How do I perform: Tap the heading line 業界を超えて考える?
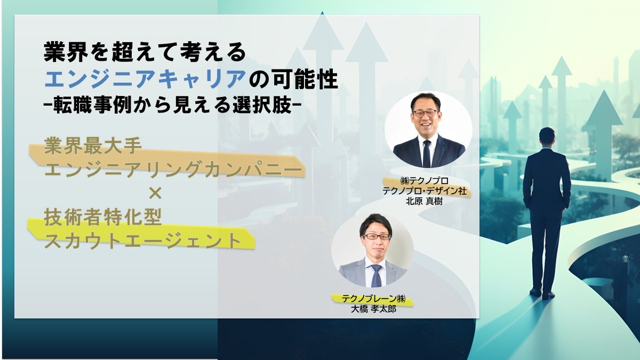tap(145, 53)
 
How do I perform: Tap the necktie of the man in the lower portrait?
tap(377, 275)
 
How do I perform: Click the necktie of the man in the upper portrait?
tap(427, 153)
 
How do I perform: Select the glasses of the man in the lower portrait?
tap(377, 236)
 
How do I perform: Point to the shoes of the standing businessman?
tap(541, 293)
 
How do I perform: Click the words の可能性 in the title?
tap(294, 80)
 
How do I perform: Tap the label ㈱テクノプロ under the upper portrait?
tap(426, 180)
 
